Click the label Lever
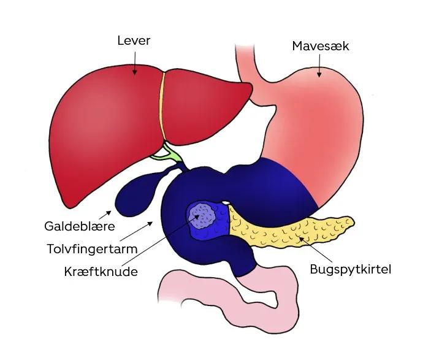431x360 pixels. click(x=134, y=41)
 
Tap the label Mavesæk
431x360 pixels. click(x=320, y=46)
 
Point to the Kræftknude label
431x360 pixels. click(x=101, y=270)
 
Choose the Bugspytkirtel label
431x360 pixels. click(x=350, y=269)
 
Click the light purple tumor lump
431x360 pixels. click(x=202, y=216)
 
